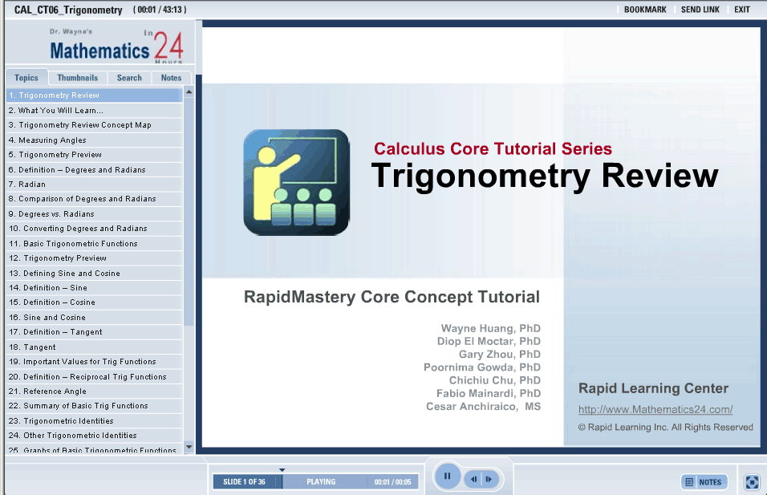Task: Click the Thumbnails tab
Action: pyautogui.click(x=78, y=78)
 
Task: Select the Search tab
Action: pyautogui.click(x=129, y=78)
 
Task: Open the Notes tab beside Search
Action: pyautogui.click(x=171, y=78)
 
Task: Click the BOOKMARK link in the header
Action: pyautogui.click(x=645, y=10)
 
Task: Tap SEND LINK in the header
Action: pyautogui.click(x=700, y=10)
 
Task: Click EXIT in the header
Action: pyautogui.click(x=742, y=10)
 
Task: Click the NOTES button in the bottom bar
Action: pyautogui.click(x=704, y=482)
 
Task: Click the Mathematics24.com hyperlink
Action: pyautogui.click(x=655, y=409)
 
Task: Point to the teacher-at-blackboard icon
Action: pyautogui.click(x=296, y=182)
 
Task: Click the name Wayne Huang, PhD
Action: pyautogui.click(x=491, y=328)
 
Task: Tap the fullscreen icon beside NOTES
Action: pyautogui.click(x=752, y=482)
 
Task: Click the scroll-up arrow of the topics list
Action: pyautogui.click(x=189, y=92)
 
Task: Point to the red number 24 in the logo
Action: pyautogui.click(x=168, y=46)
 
